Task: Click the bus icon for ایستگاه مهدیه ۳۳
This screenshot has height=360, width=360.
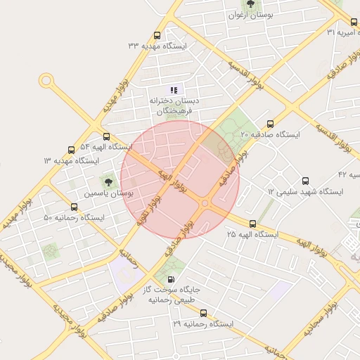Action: (x=156, y=35)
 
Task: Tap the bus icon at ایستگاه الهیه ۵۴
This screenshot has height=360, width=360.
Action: (x=106, y=136)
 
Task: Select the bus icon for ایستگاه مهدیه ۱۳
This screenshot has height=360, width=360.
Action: (x=71, y=150)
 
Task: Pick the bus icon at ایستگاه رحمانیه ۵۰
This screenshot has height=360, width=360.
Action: (x=75, y=207)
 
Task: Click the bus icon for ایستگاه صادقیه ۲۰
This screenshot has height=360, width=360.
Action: (x=270, y=123)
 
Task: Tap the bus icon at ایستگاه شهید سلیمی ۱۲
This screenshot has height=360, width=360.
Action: (x=304, y=181)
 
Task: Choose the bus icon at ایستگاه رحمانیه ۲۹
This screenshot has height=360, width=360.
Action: (x=204, y=313)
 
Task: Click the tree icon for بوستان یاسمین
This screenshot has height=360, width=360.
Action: (x=108, y=181)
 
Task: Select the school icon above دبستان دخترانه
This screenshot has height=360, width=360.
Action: (x=174, y=89)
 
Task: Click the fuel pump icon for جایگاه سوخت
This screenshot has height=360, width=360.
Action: (x=172, y=278)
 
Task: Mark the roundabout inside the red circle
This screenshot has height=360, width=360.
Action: (x=205, y=203)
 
